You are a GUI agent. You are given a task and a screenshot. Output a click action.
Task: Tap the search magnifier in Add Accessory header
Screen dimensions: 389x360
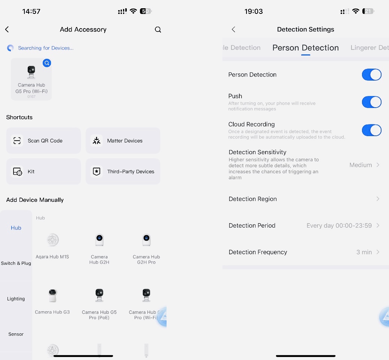pyautogui.click(x=158, y=30)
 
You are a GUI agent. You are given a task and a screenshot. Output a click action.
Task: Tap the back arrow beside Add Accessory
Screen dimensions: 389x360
pyautogui.click(x=7, y=30)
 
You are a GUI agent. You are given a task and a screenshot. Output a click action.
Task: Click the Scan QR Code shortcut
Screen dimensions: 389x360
pyautogui.click(x=44, y=141)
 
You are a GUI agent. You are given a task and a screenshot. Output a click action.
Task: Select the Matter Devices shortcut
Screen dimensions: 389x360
pyautogui.click(x=123, y=141)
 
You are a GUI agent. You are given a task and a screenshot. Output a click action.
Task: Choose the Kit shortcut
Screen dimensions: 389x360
pyautogui.click(x=44, y=171)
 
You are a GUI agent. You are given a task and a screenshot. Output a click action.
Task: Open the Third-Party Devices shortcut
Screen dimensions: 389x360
pyautogui.click(x=123, y=171)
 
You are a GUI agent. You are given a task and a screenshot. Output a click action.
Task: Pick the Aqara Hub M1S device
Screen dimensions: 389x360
pyautogui.click(x=53, y=246)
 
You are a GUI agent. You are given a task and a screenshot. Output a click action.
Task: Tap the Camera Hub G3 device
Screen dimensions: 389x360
pyautogui.click(x=53, y=301)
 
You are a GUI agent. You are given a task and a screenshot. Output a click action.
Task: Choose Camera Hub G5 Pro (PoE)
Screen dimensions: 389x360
pyautogui.click(x=99, y=304)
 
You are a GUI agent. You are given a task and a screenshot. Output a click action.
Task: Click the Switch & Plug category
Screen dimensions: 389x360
pyautogui.click(x=16, y=263)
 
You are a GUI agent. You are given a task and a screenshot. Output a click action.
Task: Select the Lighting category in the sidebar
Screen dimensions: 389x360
pyautogui.click(x=16, y=299)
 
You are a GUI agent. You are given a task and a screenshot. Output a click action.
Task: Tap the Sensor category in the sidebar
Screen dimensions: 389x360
pyautogui.click(x=16, y=334)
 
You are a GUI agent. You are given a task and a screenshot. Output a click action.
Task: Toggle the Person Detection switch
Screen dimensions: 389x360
pyautogui.click(x=372, y=75)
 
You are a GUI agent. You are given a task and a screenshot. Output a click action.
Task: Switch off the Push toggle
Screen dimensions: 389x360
pyautogui.click(x=372, y=102)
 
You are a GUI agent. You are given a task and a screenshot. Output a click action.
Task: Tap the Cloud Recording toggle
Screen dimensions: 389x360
pyautogui.click(x=372, y=130)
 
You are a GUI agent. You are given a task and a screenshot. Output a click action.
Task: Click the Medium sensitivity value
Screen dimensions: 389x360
pyautogui.click(x=360, y=165)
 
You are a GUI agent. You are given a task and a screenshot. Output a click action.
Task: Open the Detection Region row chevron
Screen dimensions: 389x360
pyautogui.click(x=378, y=199)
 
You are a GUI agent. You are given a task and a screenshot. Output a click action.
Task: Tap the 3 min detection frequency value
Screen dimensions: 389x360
pyautogui.click(x=364, y=252)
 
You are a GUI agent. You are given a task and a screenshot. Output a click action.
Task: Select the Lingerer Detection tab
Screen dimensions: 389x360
pyautogui.click(x=369, y=48)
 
